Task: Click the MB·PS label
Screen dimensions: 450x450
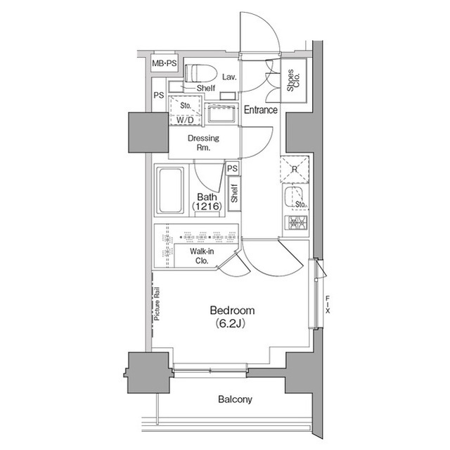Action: point(164,63)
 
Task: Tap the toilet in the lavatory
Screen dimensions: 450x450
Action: point(200,73)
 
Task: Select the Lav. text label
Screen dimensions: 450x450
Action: point(229,77)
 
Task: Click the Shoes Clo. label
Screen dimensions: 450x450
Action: point(293,80)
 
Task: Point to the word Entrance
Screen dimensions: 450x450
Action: point(261,110)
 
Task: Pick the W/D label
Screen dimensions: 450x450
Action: point(185,120)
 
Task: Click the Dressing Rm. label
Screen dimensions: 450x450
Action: point(203,143)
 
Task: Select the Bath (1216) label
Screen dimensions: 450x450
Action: point(207,201)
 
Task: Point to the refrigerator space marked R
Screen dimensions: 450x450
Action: point(295,169)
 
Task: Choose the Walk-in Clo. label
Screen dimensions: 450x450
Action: point(202,256)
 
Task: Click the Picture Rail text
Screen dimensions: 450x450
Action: point(157,304)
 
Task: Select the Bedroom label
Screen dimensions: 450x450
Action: point(232,311)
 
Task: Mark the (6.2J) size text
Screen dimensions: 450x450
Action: point(230,324)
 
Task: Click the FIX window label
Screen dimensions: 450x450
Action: point(328,305)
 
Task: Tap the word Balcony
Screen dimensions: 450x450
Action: point(235,399)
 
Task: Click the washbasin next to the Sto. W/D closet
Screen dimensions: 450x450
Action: point(223,114)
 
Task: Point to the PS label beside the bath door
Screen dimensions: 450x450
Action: point(233,168)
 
